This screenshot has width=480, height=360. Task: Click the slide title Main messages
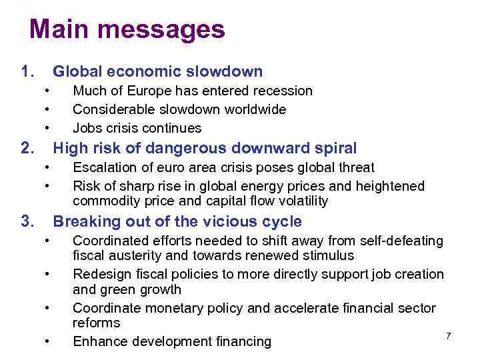(127, 30)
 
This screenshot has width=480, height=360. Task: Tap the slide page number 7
(449, 336)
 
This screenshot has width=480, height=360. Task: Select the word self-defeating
(399, 241)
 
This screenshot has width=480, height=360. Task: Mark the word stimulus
(329, 255)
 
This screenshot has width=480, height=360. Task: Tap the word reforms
(96, 323)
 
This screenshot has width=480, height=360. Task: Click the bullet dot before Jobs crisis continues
(48, 128)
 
